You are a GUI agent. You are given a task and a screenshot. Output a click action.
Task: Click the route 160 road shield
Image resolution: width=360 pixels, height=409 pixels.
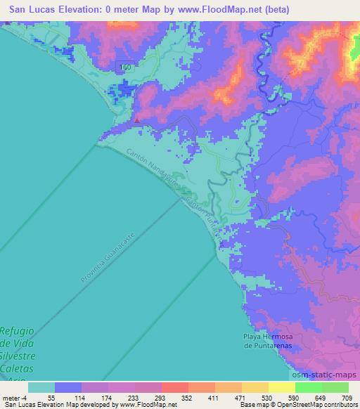click(126, 66)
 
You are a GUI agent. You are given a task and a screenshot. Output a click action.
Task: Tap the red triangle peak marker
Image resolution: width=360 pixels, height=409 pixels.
click(136, 119)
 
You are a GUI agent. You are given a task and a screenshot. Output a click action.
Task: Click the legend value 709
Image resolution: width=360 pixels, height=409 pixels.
click(348, 397)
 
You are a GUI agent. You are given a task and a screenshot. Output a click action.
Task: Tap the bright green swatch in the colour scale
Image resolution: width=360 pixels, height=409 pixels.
click(322, 387)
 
